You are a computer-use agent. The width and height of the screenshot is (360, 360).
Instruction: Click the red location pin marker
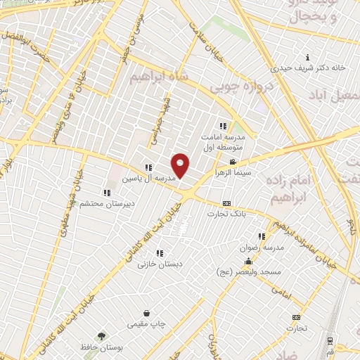pos(181,165)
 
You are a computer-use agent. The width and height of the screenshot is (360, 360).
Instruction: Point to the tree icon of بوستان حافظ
pos(102,337)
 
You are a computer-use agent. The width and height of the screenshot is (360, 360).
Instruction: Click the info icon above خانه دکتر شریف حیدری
pos(307,58)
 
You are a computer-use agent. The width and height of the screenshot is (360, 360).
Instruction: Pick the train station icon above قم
pos(330,340)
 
